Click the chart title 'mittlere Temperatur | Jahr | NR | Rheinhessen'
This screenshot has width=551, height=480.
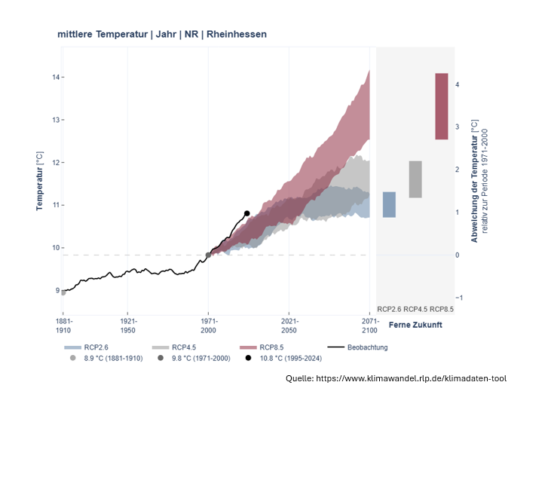(161, 35)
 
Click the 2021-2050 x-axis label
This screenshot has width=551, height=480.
(289, 326)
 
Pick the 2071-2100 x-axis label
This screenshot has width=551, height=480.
(369, 326)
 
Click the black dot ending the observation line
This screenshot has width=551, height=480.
(246, 213)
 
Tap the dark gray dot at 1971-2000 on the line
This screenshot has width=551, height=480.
(208, 255)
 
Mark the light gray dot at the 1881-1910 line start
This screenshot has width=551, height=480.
(63, 292)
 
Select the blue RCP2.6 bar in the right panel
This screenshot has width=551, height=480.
(389, 204)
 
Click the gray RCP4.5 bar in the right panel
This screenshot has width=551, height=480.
(415, 179)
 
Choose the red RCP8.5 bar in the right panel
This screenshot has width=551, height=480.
(442, 106)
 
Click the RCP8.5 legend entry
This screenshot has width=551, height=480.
(271, 347)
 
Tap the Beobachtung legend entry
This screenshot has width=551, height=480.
(367, 347)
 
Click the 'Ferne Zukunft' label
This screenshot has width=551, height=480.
(415, 325)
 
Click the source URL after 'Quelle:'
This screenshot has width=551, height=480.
(411, 378)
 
